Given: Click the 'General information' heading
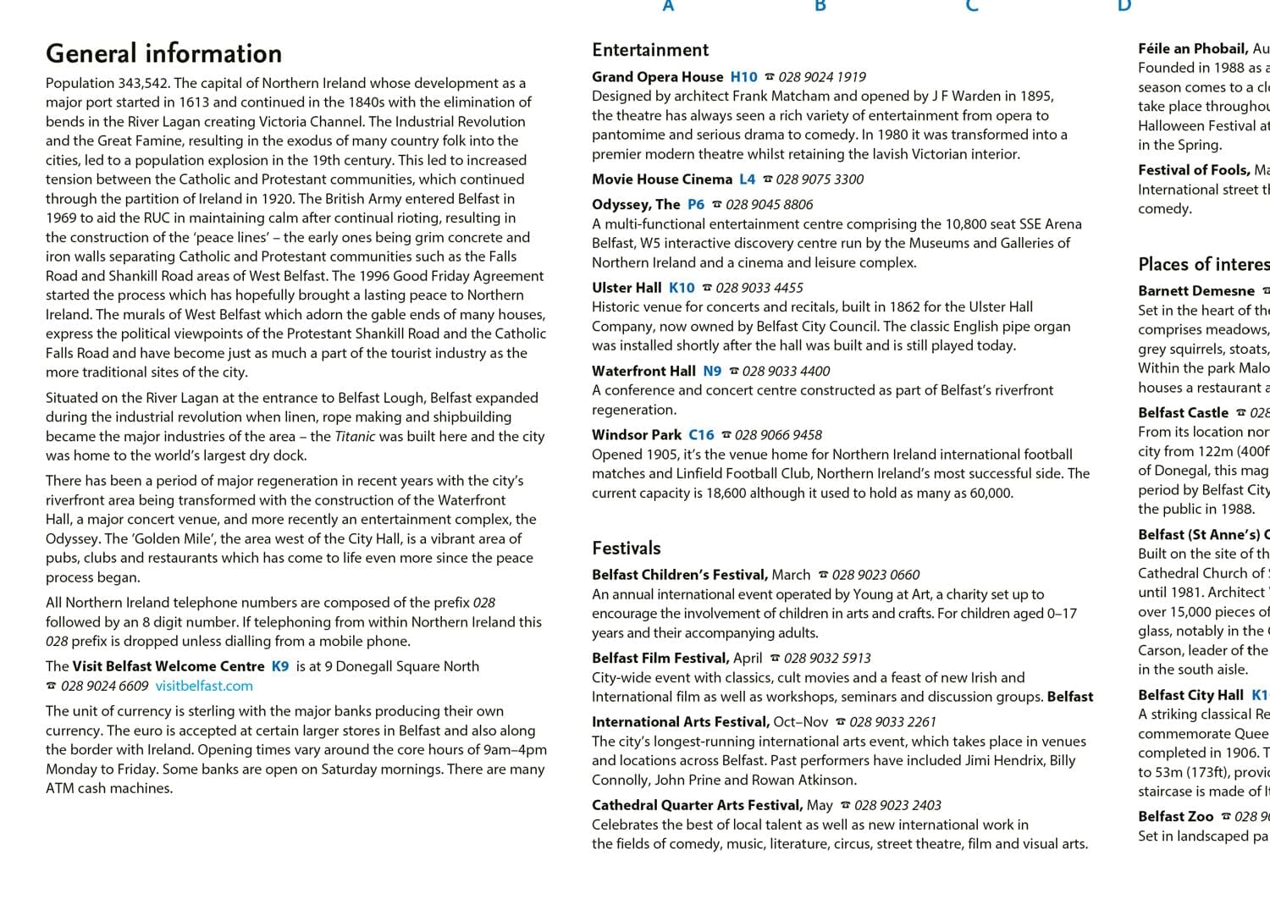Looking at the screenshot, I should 163,53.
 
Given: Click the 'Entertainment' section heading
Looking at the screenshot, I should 650,50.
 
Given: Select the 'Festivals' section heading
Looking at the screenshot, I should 626,548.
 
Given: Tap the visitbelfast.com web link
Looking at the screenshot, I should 204,686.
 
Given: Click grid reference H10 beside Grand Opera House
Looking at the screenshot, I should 743,77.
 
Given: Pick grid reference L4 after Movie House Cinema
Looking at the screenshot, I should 747,179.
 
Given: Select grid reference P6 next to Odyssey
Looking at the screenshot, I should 695,205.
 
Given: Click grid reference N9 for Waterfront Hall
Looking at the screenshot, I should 712,371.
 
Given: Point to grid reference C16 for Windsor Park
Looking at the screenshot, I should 701,435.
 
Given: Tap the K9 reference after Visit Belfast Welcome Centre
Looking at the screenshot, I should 280,666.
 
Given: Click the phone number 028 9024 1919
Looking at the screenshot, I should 822,77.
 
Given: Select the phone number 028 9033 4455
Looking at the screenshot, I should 759,288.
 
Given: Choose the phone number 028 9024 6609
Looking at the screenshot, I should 104,686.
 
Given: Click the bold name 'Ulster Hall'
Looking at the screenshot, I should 627,288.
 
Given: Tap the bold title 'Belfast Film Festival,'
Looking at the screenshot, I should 660,658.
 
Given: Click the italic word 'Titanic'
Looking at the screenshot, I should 355,437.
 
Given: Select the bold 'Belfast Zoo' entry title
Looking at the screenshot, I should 1175,817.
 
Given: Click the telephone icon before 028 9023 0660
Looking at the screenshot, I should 823,575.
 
